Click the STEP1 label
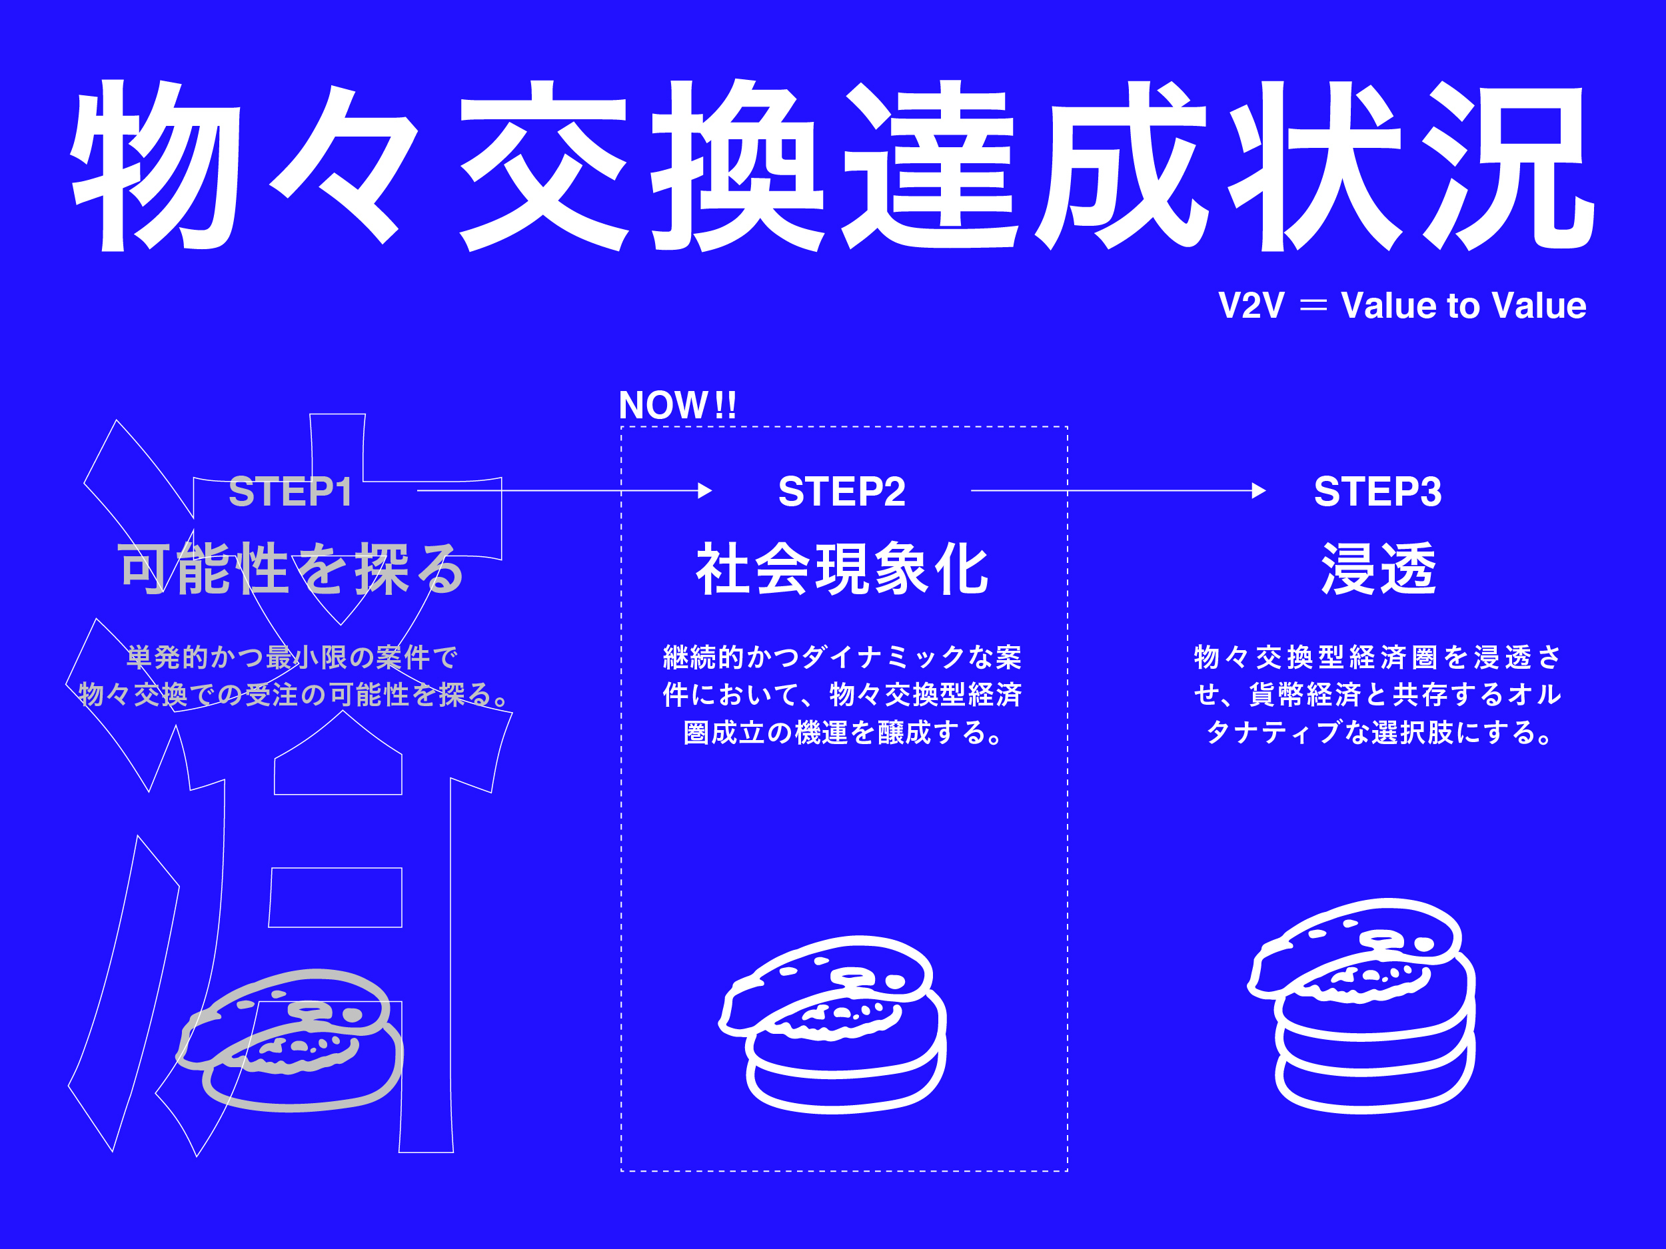[x=291, y=492]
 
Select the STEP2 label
[x=841, y=492]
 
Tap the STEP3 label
[x=1377, y=492]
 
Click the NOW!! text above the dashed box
[x=677, y=406]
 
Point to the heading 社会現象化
[x=841, y=569]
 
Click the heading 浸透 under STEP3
[x=1378, y=569]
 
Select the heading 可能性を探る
[x=291, y=569]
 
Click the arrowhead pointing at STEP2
[x=705, y=491]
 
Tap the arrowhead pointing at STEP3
[x=1259, y=491]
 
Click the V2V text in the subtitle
[x=1251, y=306]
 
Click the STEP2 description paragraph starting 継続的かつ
[x=841, y=694]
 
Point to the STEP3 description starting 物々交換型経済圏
[x=1377, y=694]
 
